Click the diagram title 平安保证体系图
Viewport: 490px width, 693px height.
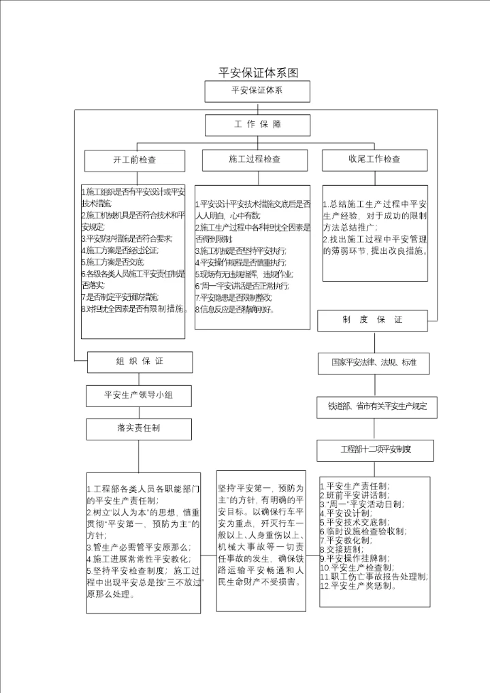pyautogui.click(x=258, y=73)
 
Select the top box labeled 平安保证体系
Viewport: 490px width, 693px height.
pyautogui.click(x=257, y=91)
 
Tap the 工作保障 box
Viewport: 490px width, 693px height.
pyautogui.click(x=257, y=125)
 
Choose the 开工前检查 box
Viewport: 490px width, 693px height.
pyautogui.click(x=135, y=160)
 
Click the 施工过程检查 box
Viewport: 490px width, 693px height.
pyautogui.click(x=255, y=159)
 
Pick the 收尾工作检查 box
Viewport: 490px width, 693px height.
pyautogui.click(x=374, y=159)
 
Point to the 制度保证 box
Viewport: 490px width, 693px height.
pyautogui.click(x=372, y=320)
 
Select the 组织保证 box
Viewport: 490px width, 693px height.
pyautogui.click(x=140, y=361)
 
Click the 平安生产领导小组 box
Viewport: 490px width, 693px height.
pyautogui.click(x=138, y=395)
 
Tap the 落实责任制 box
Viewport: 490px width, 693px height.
pyautogui.click(x=138, y=428)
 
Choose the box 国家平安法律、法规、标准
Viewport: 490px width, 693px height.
pyautogui.click(x=374, y=364)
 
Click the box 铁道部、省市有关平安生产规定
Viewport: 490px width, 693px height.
pyautogui.click(x=376, y=406)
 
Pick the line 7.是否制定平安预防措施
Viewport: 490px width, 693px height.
pyautogui.click(x=120, y=297)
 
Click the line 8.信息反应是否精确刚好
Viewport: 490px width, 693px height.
pyautogui.click(x=235, y=309)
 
